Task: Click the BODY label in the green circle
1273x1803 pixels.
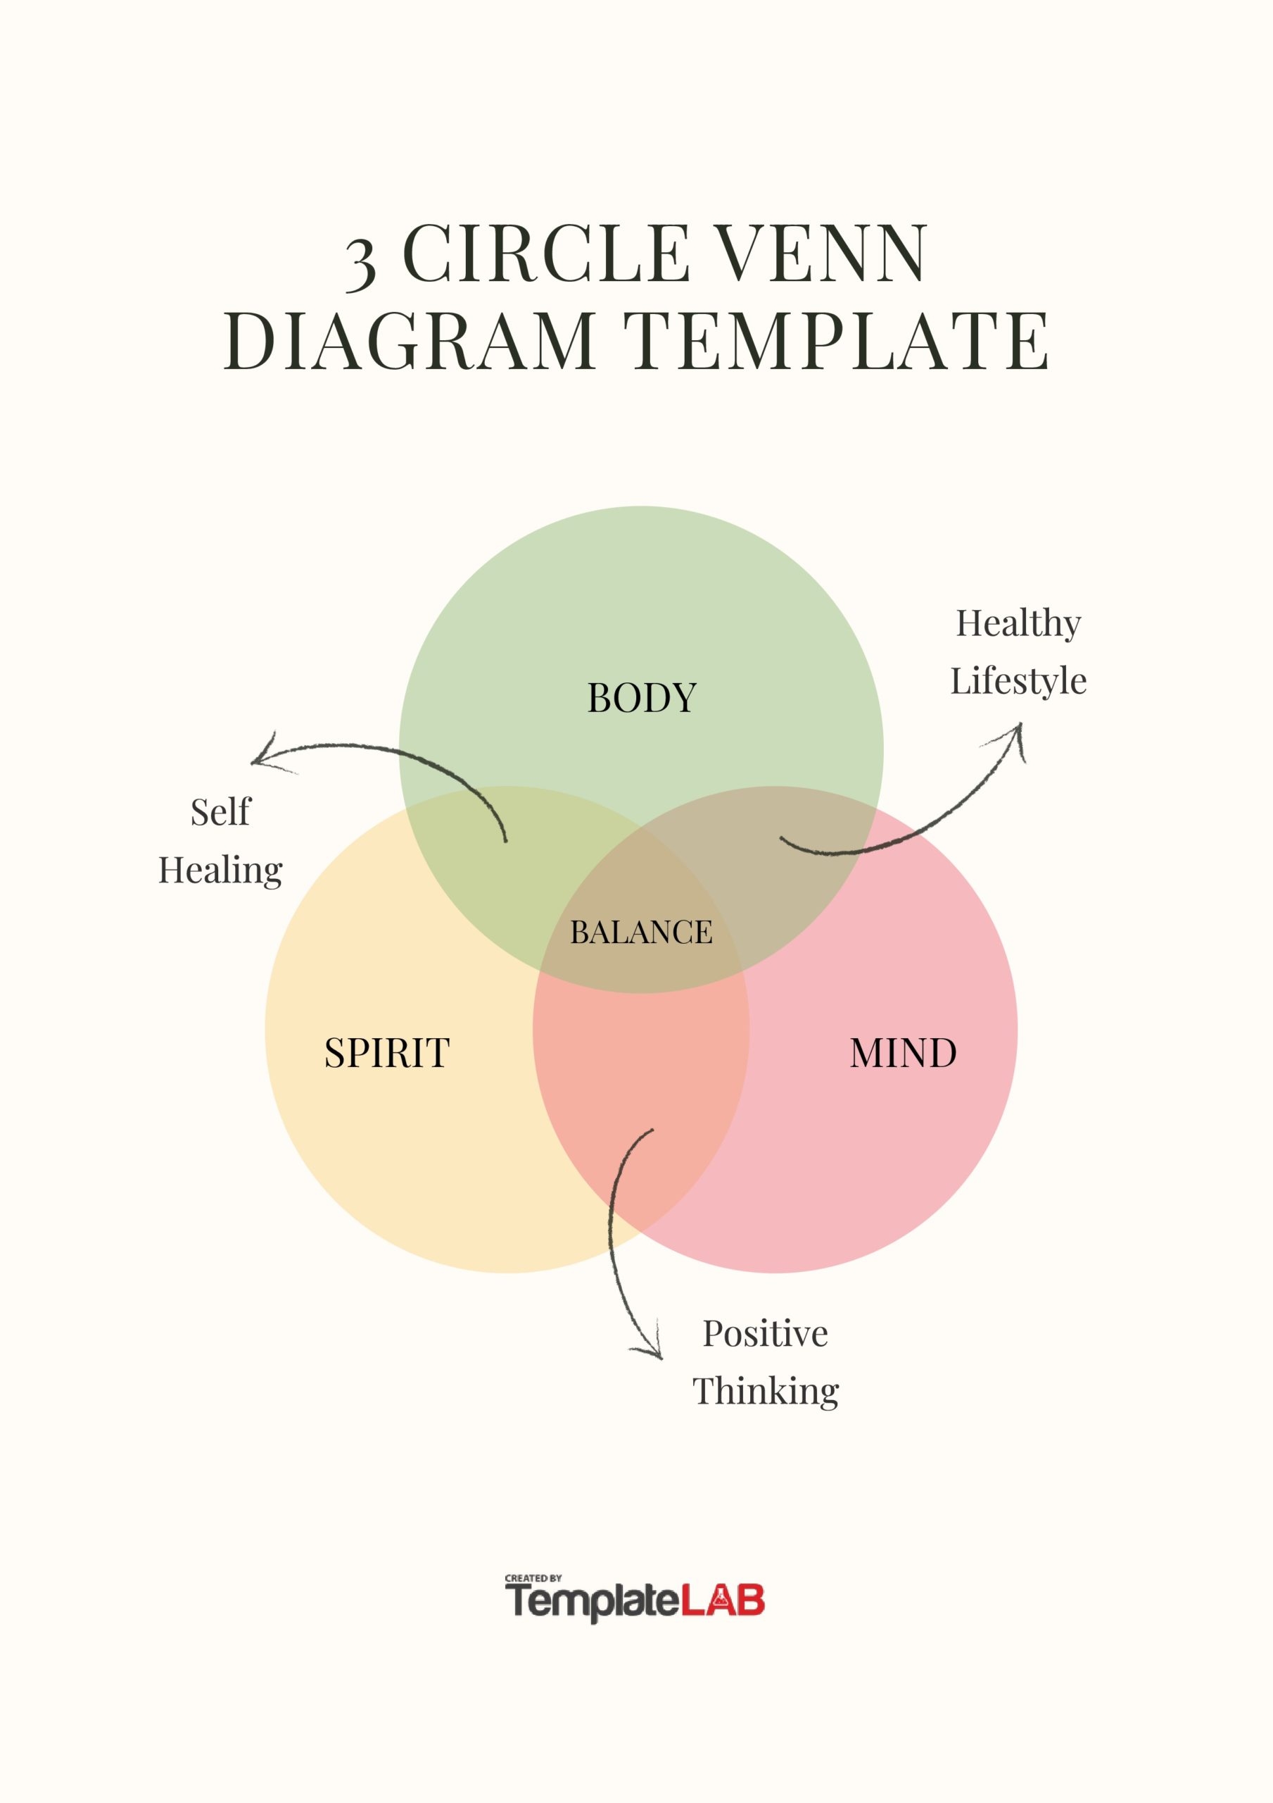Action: pyautogui.click(x=641, y=697)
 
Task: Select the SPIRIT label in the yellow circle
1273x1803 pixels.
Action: pyautogui.click(x=387, y=1053)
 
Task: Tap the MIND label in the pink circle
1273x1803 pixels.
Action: pyautogui.click(x=904, y=1053)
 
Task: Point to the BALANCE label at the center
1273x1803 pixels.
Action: pyautogui.click(x=641, y=932)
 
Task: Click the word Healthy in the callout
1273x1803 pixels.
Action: pyautogui.click(x=1018, y=624)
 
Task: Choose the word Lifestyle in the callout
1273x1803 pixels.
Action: pyautogui.click(x=1018, y=682)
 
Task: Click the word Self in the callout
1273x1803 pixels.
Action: pyautogui.click(x=220, y=812)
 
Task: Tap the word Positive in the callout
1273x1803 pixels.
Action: pyautogui.click(x=764, y=1333)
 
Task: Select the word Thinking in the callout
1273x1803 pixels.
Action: pyautogui.click(x=765, y=1392)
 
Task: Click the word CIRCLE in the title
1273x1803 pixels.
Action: pyautogui.click(x=546, y=253)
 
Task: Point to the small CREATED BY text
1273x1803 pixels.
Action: pyautogui.click(x=533, y=1578)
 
